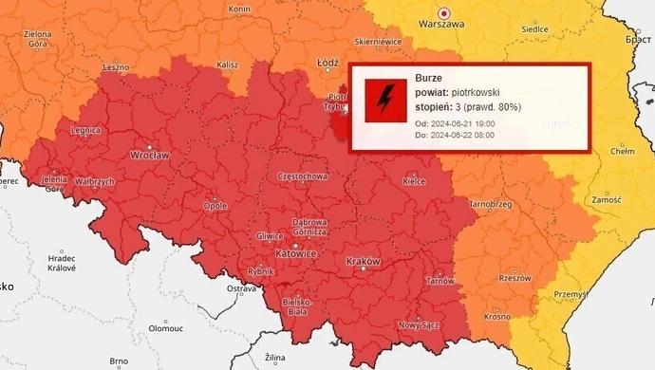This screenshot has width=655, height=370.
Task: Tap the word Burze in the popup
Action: click(x=429, y=78)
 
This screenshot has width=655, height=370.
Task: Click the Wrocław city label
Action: click(x=150, y=155)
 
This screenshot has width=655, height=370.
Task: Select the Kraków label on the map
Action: click(x=364, y=261)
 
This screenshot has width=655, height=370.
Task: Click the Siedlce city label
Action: click(x=534, y=29)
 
